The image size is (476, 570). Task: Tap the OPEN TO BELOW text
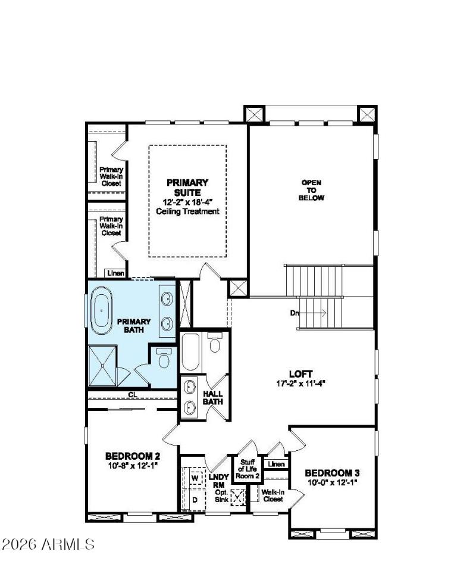pos(312,190)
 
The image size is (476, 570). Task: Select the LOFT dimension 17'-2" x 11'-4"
pos(300,384)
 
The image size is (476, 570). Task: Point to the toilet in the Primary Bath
pos(164,359)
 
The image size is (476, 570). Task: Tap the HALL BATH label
pos(213,398)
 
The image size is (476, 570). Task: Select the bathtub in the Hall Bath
pos(191,353)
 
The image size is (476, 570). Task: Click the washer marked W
pos(194,478)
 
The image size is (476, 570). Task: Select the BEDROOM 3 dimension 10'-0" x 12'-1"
pos(332,483)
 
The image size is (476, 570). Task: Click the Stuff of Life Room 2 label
pos(248,469)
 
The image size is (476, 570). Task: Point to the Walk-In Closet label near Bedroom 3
pos(273,496)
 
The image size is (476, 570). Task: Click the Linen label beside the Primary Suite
pos(115,273)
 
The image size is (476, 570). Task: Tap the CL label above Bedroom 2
pos(131,394)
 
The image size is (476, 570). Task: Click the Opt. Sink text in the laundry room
pos(221,496)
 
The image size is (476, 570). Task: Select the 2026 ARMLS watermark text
pos(48,544)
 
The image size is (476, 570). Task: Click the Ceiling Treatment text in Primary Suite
pos(187,211)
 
